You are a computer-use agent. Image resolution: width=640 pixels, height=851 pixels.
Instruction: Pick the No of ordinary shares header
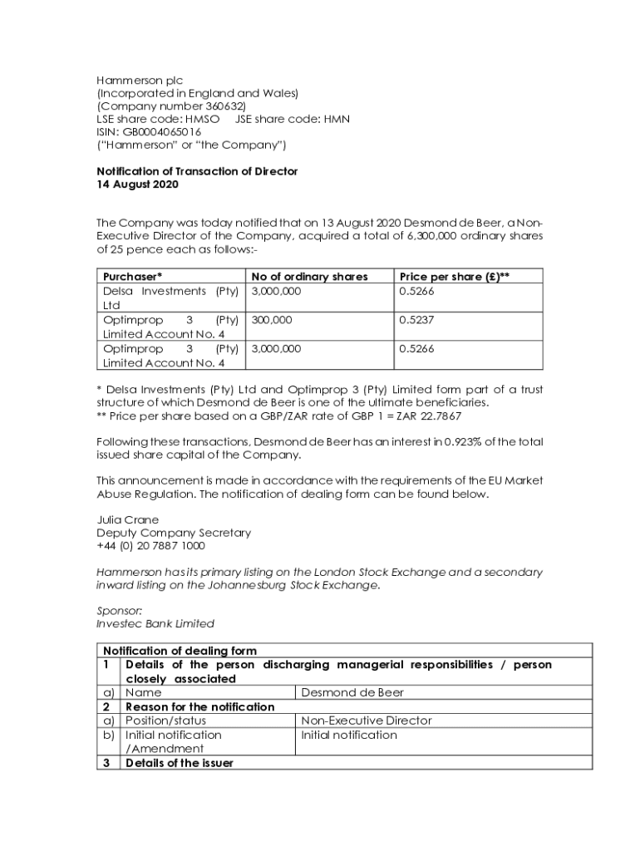(x=309, y=277)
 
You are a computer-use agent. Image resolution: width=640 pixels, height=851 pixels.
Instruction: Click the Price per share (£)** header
(x=454, y=277)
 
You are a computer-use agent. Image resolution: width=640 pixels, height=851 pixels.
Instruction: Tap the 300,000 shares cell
(x=272, y=320)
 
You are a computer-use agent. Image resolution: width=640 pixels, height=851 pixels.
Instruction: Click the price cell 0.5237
(x=416, y=320)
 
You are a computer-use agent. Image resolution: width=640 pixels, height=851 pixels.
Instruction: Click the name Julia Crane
(x=127, y=520)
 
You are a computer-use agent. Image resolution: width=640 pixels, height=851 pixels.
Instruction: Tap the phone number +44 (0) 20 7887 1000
(x=151, y=546)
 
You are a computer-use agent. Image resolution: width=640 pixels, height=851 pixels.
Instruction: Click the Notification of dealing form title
(x=180, y=651)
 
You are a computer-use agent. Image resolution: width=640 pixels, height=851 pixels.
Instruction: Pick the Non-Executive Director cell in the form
(x=366, y=721)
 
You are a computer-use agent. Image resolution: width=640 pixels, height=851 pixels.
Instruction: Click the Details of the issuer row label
(x=179, y=763)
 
